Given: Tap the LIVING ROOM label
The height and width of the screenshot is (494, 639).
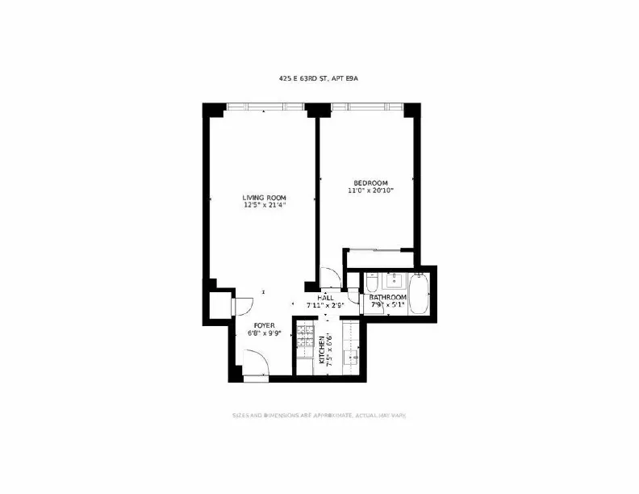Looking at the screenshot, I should (x=265, y=197).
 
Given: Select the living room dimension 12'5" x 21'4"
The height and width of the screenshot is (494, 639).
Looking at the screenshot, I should (x=265, y=206).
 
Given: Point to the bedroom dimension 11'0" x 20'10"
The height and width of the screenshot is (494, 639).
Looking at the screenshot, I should (x=370, y=191).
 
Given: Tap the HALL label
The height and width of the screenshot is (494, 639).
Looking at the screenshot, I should (x=326, y=298).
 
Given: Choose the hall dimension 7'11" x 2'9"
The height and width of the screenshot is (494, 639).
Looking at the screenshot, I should (x=326, y=306).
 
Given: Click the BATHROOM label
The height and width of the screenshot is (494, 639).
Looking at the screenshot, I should (x=388, y=298).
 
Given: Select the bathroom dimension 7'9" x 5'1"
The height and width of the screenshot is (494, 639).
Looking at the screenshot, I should (x=388, y=306).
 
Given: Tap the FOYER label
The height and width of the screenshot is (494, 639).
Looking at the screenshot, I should (x=264, y=325).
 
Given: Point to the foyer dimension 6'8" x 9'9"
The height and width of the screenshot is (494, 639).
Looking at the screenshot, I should (x=264, y=333).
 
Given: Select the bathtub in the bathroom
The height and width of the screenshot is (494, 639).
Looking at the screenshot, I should (x=420, y=294).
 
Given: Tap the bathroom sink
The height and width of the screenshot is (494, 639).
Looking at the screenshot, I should (x=395, y=283).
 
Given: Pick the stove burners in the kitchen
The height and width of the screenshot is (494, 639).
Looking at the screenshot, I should (x=305, y=339).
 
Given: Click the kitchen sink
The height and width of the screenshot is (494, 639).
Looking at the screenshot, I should (x=353, y=354).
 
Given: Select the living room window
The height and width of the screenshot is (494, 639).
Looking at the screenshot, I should (x=265, y=107).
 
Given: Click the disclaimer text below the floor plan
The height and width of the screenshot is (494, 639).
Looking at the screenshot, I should (x=319, y=416).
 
